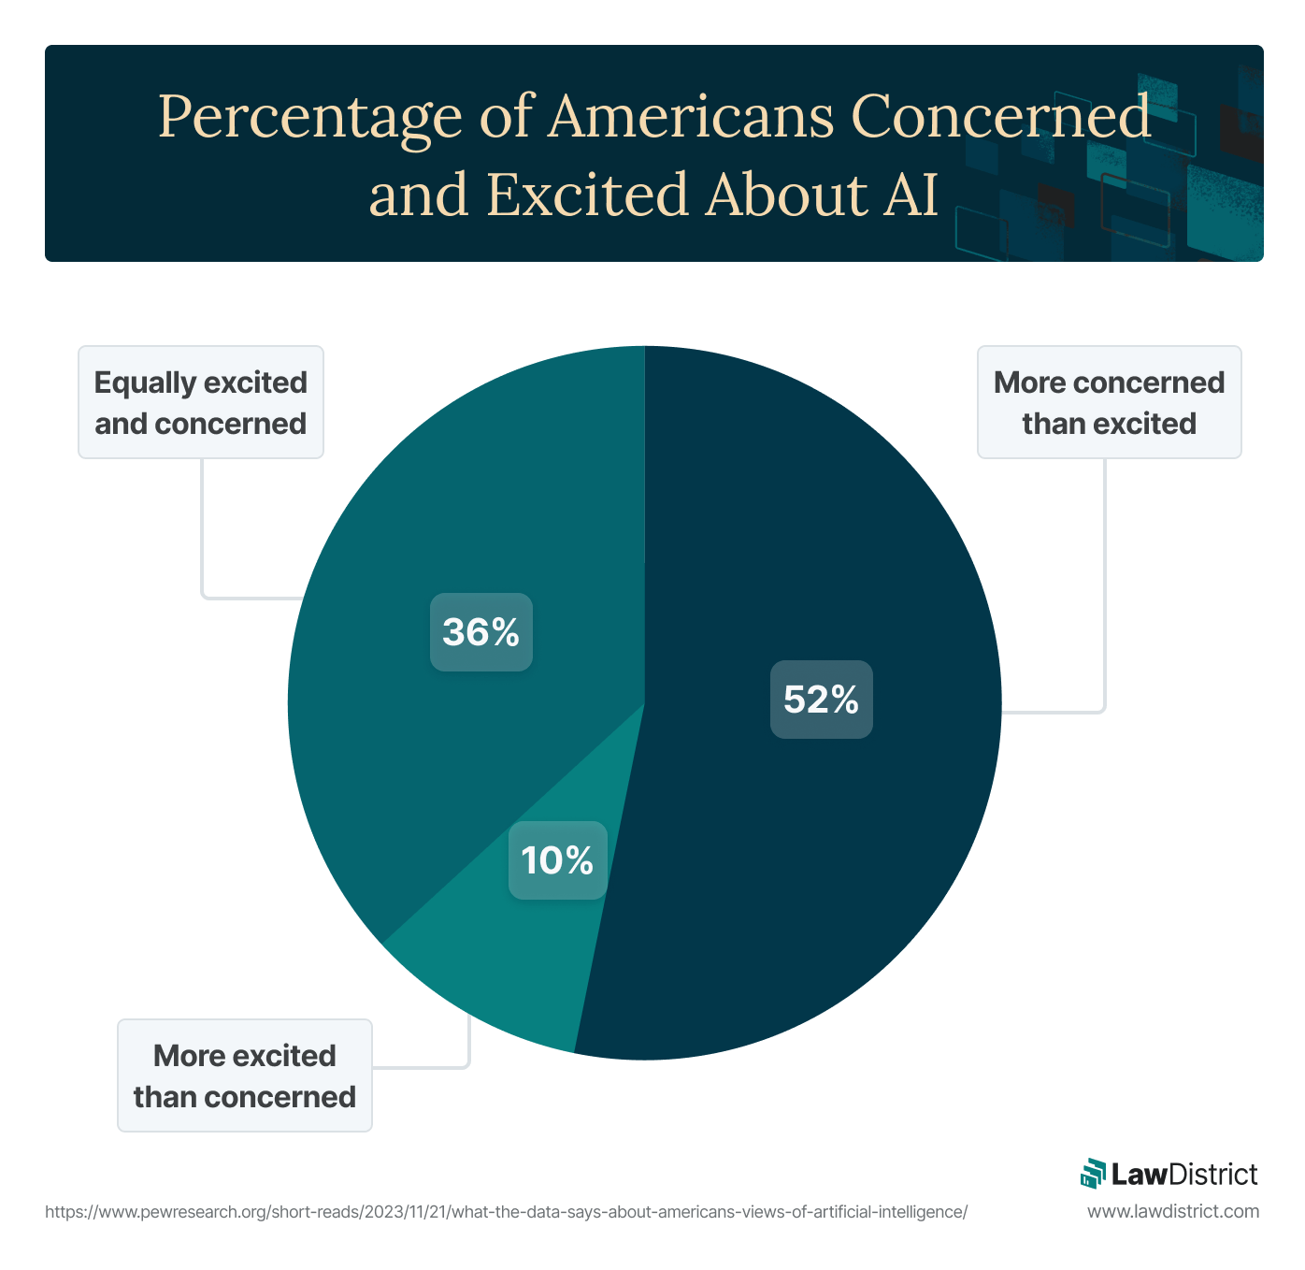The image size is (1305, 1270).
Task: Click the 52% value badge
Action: (x=821, y=700)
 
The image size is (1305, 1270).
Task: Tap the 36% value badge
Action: (x=480, y=632)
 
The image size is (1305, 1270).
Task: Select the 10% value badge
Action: (x=557, y=860)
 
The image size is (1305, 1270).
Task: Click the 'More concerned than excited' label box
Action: (x=1109, y=402)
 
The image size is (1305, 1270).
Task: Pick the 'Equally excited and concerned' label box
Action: (x=200, y=402)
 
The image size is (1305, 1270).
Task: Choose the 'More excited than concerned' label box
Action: (x=244, y=1075)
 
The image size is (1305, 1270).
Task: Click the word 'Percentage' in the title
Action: (x=310, y=118)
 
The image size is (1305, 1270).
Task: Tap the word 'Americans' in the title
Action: (x=691, y=118)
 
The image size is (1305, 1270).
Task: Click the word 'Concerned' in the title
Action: (x=1000, y=118)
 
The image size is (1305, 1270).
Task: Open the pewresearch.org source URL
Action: (x=506, y=1212)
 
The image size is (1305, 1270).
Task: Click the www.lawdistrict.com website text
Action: (x=1173, y=1212)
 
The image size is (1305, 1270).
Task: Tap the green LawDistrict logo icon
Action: (x=1093, y=1174)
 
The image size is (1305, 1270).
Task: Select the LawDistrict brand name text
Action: (x=1184, y=1174)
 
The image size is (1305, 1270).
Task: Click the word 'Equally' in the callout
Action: (x=145, y=382)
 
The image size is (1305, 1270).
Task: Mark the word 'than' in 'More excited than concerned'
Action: (x=165, y=1097)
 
